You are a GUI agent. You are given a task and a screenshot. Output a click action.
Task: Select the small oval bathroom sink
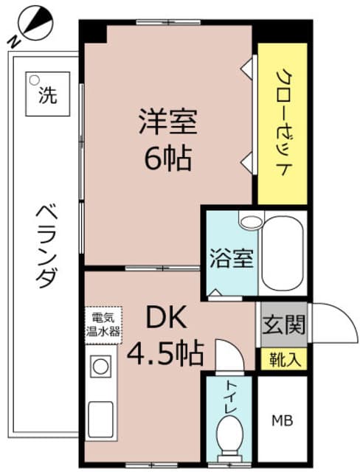[251, 220]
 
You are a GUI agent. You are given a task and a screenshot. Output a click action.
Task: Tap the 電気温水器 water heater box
[103, 324]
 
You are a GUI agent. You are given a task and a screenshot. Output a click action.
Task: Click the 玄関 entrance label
[281, 324]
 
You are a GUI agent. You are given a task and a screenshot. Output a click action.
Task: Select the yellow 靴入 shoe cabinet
[281, 361]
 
